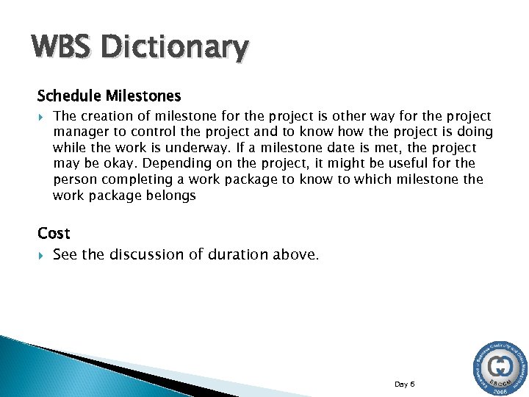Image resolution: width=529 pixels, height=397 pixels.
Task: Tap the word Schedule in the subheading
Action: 69,96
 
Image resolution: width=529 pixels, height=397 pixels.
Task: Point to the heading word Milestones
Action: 143,96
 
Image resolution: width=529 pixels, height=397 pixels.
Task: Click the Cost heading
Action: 54,233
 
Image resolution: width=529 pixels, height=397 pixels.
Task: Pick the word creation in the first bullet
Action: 106,116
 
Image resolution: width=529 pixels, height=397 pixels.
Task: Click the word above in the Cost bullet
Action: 296,254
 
